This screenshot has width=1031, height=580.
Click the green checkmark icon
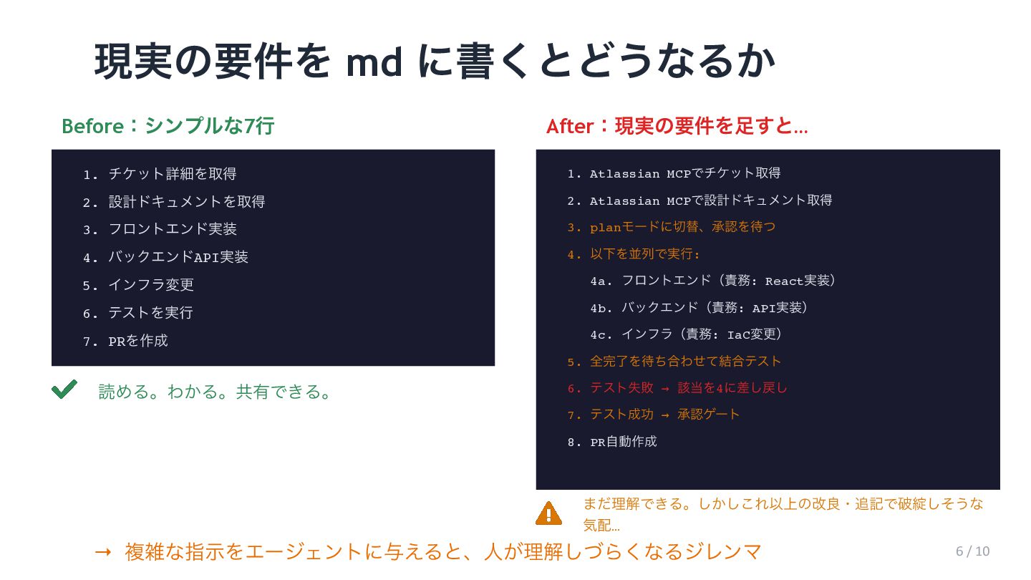click(x=64, y=390)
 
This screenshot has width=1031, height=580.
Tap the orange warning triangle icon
click(x=548, y=513)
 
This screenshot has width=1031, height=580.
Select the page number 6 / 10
click(x=972, y=551)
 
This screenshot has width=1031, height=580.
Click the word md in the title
click(x=374, y=62)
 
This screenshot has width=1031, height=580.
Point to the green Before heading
click(x=168, y=126)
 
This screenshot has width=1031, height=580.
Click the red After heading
click(x=677, y=127)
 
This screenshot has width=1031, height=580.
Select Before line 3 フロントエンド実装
click(x=172, y=229)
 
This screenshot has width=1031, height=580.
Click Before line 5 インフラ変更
click(x=150, y=285)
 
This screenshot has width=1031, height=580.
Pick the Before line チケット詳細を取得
click(x=172, y=174)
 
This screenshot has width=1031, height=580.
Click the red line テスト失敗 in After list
click(x=687, y=388)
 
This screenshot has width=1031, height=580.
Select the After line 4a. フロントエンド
click(x=713, y=281)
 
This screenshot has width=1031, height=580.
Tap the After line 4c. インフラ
click(x=686, y=334)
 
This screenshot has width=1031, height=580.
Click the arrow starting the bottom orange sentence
click(x=103, y=552)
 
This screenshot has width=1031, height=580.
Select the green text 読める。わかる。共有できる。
click(x=215, y=392)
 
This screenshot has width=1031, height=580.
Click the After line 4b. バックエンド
click(x=700, y=308)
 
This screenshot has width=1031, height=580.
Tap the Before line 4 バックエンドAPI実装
click(x=178, y=257)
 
